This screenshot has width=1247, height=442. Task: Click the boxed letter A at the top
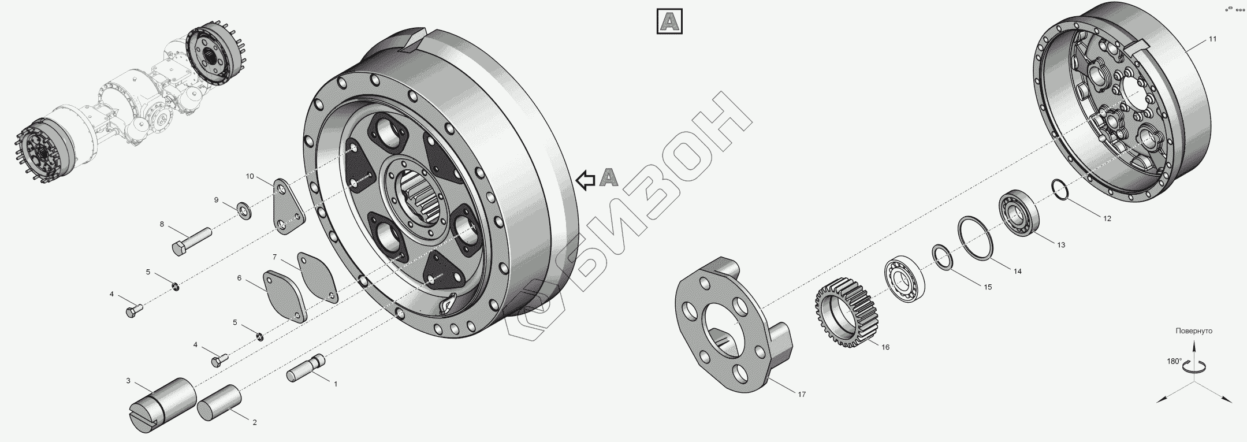coord(670,22)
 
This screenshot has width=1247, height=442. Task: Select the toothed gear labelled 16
coord(847,312)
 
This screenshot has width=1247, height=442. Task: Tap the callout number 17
coord(802,394)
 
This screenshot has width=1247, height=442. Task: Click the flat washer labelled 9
coord(244,210)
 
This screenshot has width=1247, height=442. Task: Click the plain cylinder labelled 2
coord(220,405)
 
